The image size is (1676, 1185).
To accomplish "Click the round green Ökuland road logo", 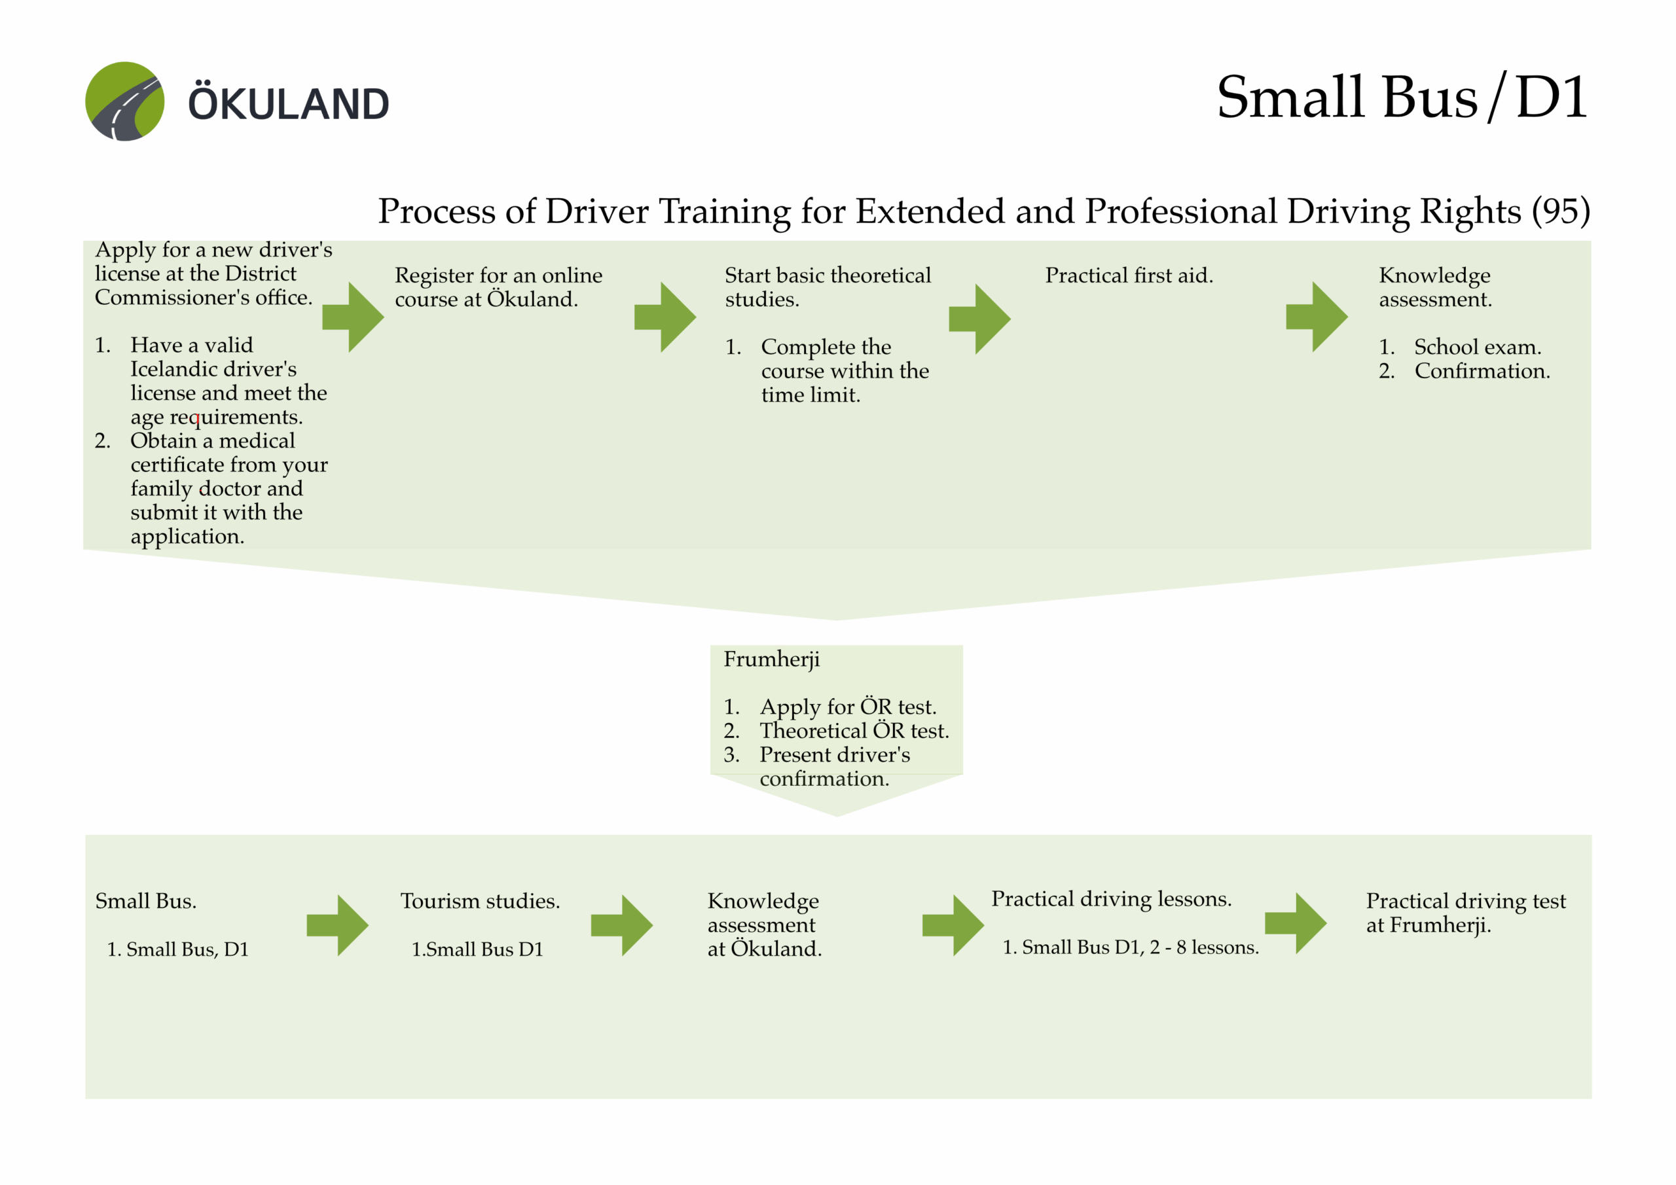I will [x=125, y=101].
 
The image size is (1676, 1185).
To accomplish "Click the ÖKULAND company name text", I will [x=288, y=103].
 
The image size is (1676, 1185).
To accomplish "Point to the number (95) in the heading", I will [x=1561, y=211].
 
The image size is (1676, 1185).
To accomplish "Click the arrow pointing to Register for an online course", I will [x=353, y=317].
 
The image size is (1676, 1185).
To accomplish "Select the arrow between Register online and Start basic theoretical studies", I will [x=665, y=317].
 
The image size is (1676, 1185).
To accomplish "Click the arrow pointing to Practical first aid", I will [x=979, y=319].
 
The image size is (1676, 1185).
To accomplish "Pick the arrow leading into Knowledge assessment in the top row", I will [x=1317, y=317].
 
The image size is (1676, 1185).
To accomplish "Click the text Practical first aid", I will [x=1129, y=276].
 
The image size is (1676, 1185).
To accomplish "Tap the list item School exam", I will [x=1478, y=347].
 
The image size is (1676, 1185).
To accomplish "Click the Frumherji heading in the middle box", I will [x=772, y=659].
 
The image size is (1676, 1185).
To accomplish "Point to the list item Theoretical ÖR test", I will [x=854, y=730].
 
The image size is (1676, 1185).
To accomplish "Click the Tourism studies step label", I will [x=480, y=901].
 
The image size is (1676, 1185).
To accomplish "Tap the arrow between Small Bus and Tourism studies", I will [x=337, y=925].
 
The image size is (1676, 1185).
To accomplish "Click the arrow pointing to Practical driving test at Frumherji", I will [x=1296, y=923].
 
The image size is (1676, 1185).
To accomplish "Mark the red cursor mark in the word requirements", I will [x=197, y=419].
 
